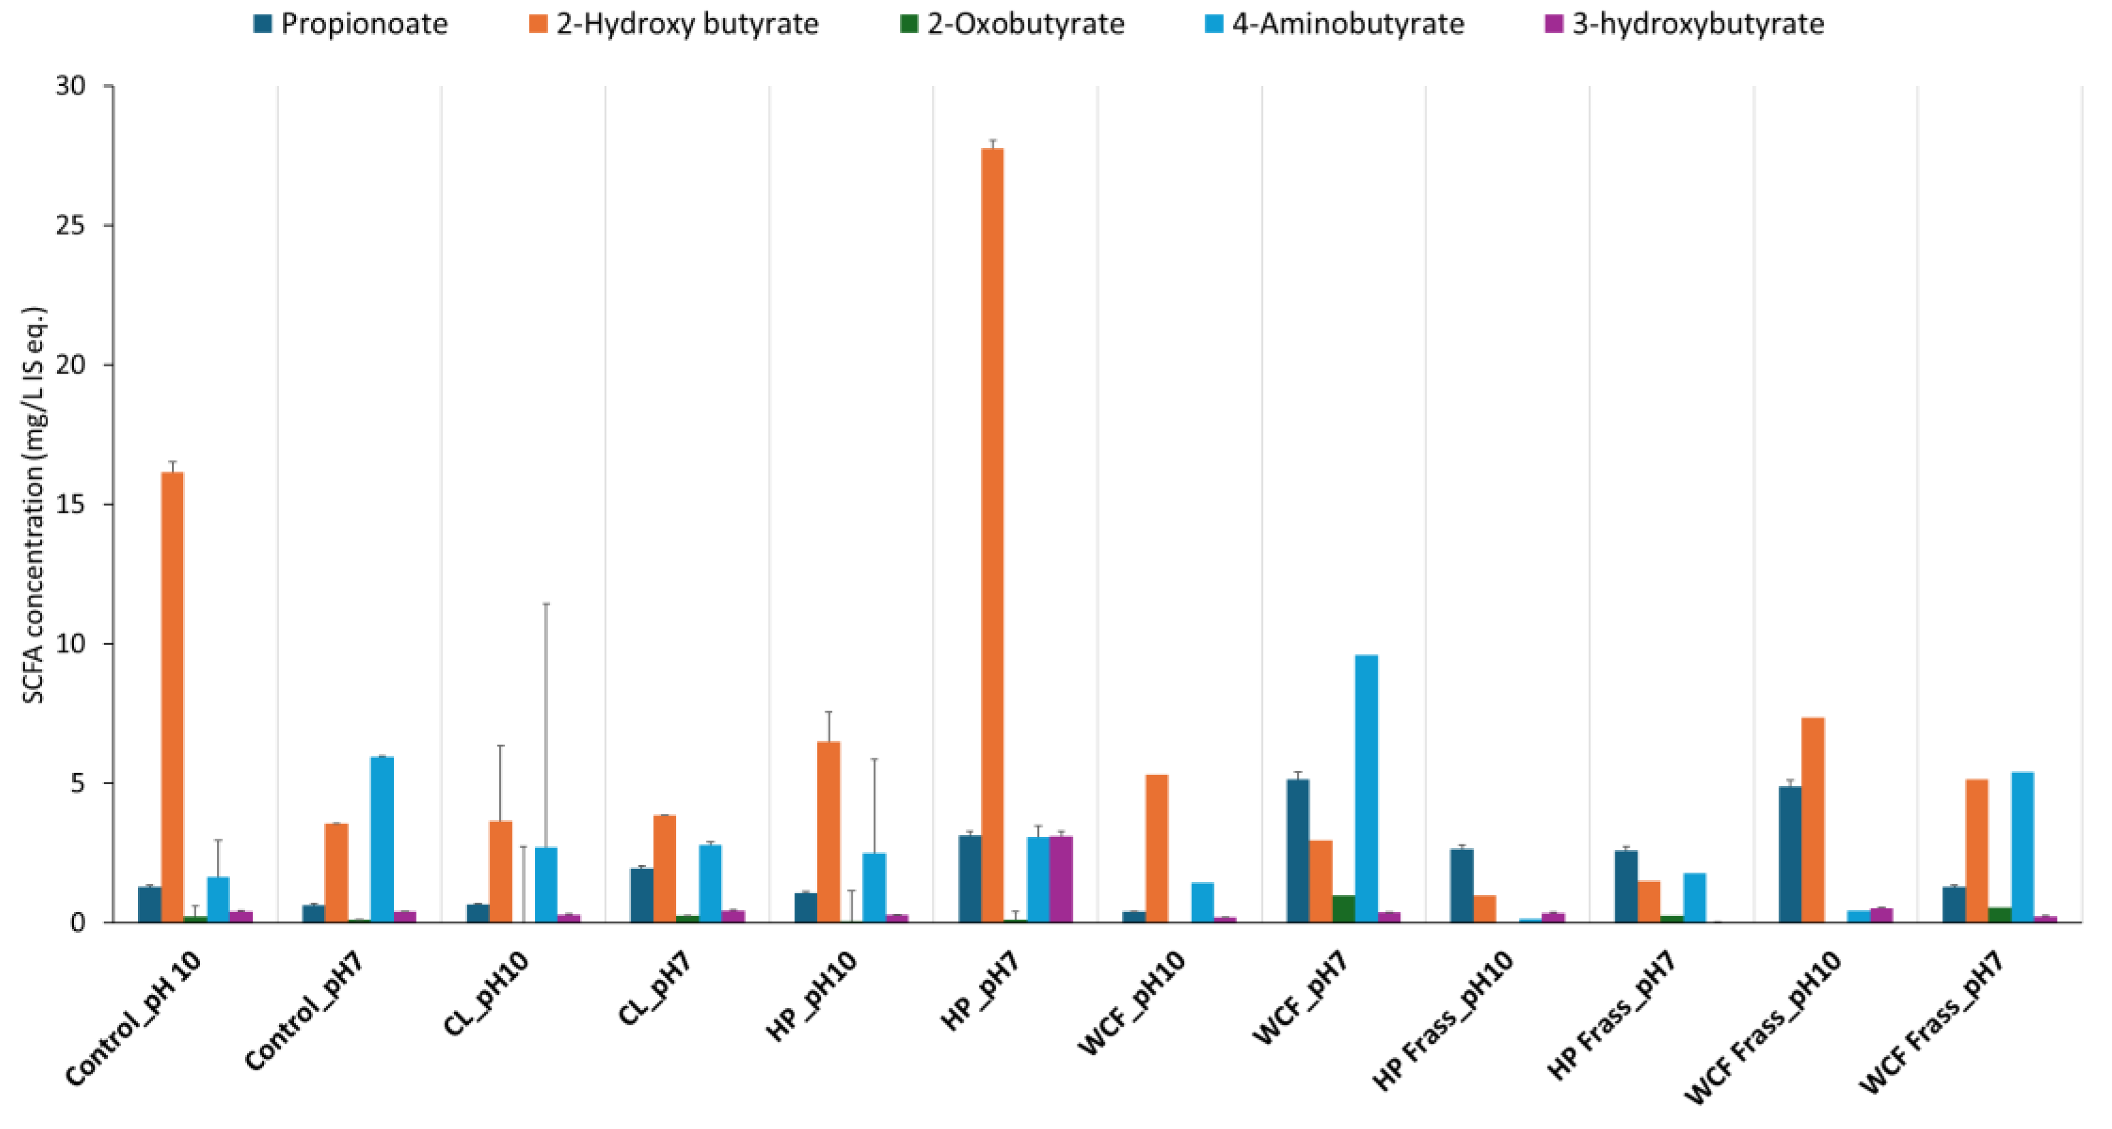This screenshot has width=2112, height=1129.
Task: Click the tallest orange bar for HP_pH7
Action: coord(992,533)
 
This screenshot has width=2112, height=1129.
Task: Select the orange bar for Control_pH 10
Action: coord(172,697)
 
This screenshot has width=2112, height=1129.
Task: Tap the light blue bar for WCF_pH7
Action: coord(1366,787)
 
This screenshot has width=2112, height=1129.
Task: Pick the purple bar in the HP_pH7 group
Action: coord(1061,879)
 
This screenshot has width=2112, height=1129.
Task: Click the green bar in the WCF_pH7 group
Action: coord(1344,908)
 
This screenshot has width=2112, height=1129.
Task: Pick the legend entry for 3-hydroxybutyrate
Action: coord(1684,24)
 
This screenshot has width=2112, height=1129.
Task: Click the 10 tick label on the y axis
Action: coord(71,644)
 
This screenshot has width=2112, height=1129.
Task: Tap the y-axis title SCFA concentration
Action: coord(34,504)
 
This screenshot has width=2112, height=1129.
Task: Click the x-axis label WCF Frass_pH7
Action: coord(1933,1023)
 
